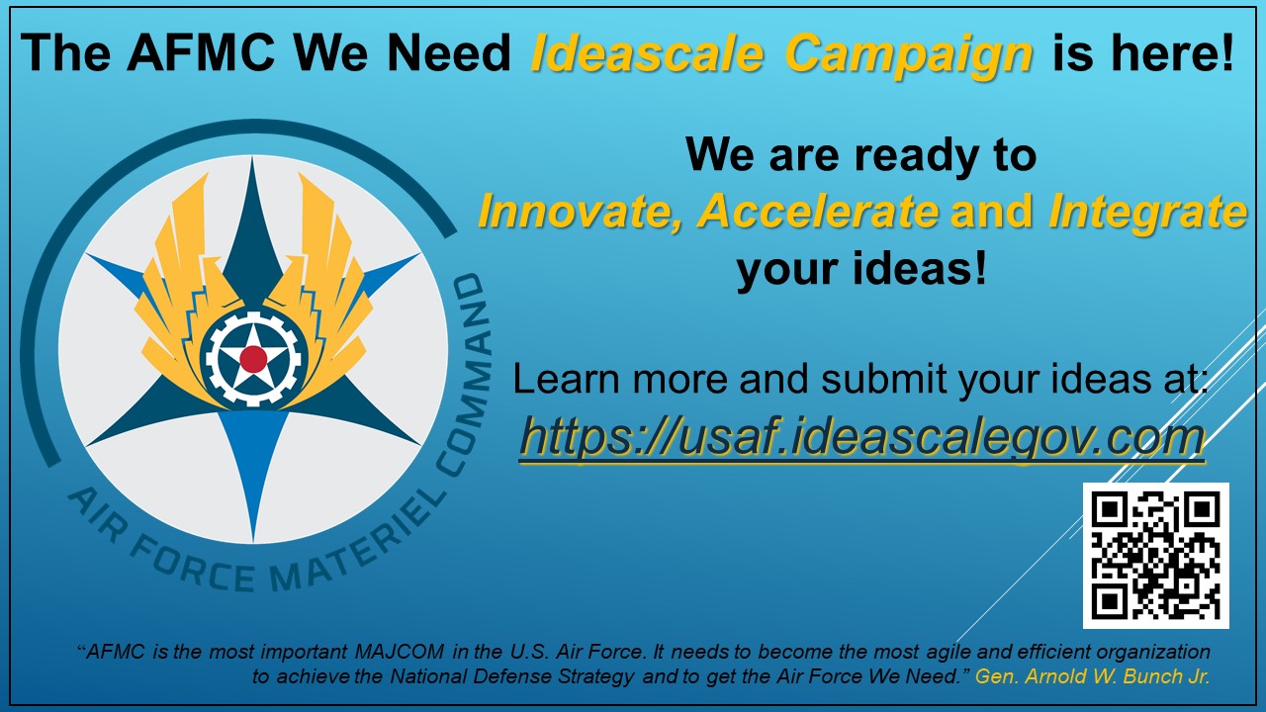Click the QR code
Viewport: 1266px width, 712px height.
point(1155,555)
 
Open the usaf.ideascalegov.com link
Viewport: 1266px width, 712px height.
point(860,436)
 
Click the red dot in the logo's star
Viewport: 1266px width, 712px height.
point(253,358)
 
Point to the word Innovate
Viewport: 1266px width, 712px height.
point(578,212)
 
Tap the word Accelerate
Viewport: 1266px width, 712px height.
point(819,212)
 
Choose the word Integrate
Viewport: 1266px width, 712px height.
point(1146,212)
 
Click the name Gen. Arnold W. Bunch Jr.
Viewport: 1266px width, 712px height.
point(1093,676)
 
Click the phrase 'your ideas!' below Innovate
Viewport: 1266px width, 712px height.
point(860,268)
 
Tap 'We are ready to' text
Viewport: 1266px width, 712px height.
point(860,155)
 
